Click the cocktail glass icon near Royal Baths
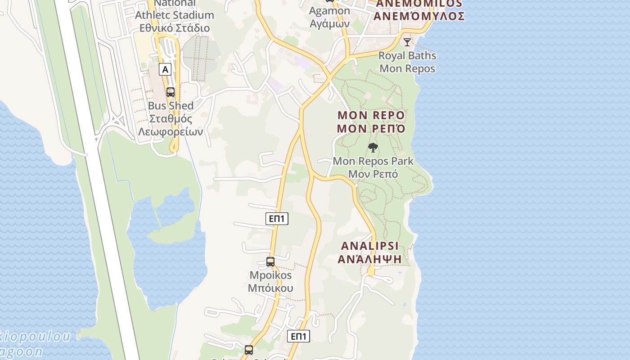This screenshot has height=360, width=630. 407,42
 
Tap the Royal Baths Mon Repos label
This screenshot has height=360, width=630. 407,62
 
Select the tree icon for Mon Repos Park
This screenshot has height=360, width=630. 373,147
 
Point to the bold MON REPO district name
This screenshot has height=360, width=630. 371,115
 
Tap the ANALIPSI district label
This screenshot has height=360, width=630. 370,246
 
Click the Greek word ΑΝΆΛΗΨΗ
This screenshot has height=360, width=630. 370,259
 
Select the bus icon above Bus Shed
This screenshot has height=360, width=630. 171,92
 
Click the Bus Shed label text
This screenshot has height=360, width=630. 171,106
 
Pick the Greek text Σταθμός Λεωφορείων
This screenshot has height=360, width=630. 171,126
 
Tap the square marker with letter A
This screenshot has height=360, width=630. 166,69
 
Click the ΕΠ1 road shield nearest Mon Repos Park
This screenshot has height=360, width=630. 277,219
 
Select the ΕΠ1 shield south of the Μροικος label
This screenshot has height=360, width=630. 299,336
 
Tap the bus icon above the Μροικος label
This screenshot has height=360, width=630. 270,261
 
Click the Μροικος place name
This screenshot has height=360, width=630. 270,275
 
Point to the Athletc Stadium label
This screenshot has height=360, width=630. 175,15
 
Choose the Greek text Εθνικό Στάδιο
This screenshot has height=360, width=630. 175,28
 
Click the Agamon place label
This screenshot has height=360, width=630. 330,11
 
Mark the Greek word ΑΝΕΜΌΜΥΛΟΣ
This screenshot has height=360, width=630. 419,17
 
